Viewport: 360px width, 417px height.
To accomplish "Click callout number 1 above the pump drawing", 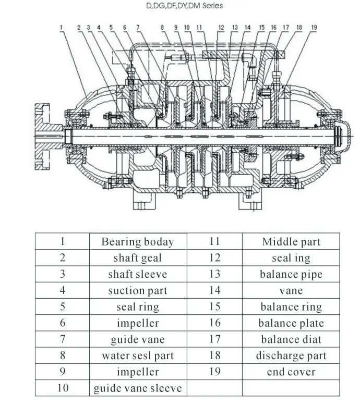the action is (x=61, y=28).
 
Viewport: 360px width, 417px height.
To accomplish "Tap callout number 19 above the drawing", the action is (x=314, y=28).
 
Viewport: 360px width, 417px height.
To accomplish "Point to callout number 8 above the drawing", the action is (x=162, y=28).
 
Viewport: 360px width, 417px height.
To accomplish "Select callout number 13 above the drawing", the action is (x=235, y=28).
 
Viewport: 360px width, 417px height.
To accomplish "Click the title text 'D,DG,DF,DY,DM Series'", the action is (x=184, y=6).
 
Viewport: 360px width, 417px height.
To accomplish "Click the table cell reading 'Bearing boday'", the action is (x=138, y=242).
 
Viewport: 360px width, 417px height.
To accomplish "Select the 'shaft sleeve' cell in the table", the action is (x=138, y=274).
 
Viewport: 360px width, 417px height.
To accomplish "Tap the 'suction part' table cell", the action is (x=138, y=290).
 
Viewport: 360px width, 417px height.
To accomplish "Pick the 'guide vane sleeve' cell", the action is (x=138, y=388).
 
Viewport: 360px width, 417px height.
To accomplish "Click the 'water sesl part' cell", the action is (x=138, y=355).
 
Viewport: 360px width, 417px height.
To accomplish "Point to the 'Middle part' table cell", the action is (x=291, y=242).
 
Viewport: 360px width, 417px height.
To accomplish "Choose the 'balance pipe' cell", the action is (x=291, y=274).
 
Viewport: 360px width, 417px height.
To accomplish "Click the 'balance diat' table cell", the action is (x=291, y=339).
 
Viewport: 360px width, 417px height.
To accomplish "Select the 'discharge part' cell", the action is (x=291, y=355).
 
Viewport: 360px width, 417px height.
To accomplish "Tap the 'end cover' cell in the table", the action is (x=291, y=372).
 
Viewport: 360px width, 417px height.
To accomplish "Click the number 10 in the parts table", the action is (x=63, y=388).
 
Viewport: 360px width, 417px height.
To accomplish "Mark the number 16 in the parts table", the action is (x=214, y=323).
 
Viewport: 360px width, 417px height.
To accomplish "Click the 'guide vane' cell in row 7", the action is (x=138, y=339).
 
